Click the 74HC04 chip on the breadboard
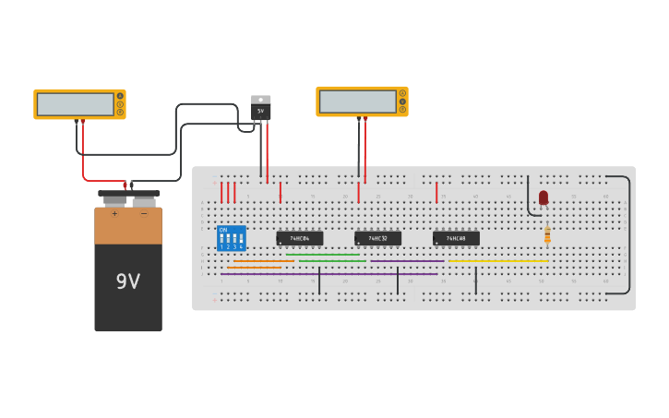[x=300, y=238]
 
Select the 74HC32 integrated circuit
[x=377, y=238]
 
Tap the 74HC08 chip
[x=456, y=238]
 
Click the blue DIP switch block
[x=232, y=238]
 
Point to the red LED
[x=544, y=197]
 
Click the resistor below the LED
[x=547, y=234]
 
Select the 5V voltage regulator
[x=261, y=108]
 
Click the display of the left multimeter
[x=75, y=104]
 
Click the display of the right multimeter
[x=357, y=102]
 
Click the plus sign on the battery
[x=115, y=214]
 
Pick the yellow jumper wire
[x=498, y=260]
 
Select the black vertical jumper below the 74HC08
[x=476, y=281]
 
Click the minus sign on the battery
[x=143, y=214]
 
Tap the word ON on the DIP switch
[x=223, y=230]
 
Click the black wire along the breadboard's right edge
[x=630, y=235]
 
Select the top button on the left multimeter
[x=120, y=96]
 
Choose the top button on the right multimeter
[x=402, y=93]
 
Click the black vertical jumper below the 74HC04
[x=319, y=281]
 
